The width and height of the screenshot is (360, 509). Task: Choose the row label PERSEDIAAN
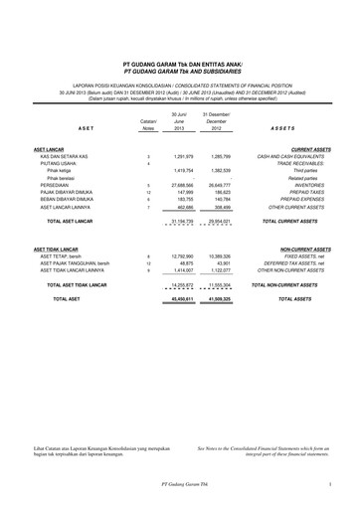pos(57,185)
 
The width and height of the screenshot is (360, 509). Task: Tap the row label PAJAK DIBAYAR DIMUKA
pos(71,193)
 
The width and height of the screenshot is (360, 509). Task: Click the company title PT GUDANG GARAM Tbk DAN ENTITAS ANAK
pos(179,60)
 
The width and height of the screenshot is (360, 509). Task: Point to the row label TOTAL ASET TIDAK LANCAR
pos(80,284)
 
